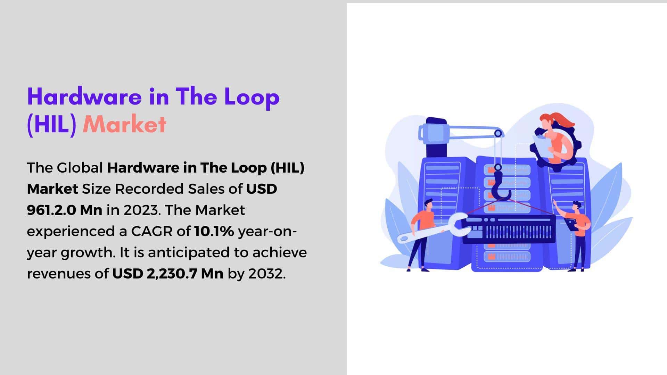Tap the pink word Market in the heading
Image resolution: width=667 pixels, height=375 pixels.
point(125,124)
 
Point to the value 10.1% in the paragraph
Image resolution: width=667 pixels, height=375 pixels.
point(214,231)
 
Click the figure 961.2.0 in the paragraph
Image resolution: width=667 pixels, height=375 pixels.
point(51,210)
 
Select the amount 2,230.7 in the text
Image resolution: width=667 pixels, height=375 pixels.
point(172,274)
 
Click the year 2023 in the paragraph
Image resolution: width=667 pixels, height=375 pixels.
point(141,210)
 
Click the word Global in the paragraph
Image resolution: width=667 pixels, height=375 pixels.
point(80,168)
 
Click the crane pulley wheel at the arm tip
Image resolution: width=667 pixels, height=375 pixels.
point(498,133)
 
